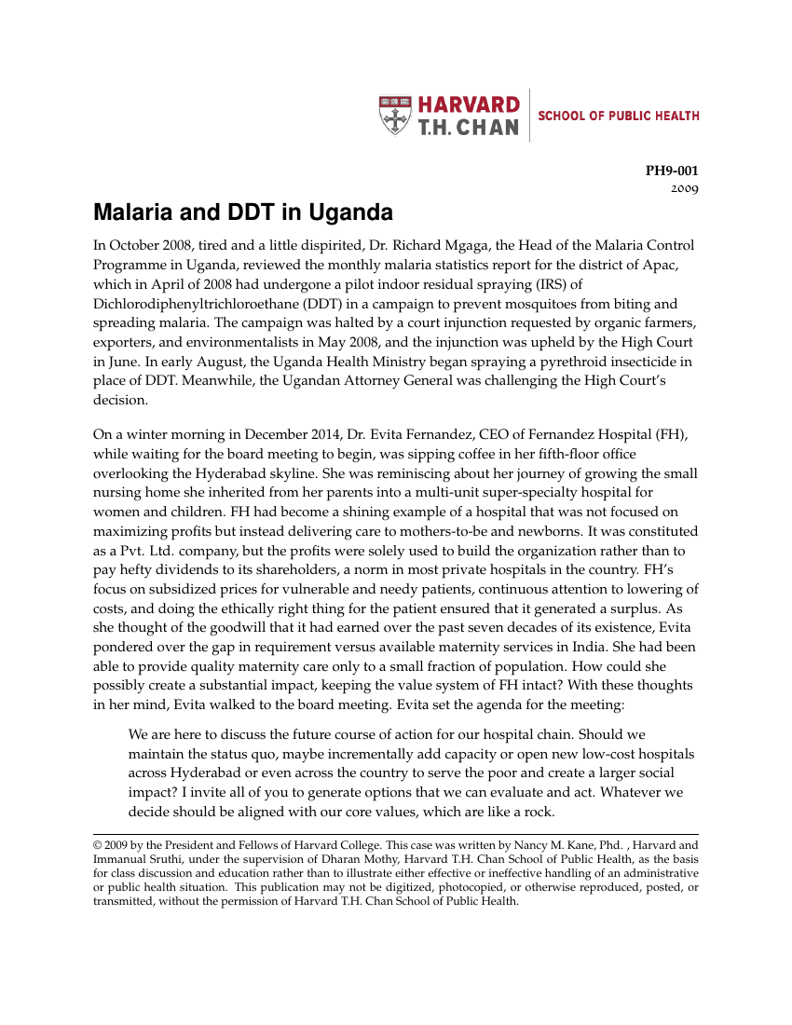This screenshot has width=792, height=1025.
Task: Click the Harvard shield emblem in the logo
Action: coord(396,116)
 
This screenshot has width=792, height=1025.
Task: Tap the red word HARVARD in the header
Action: coord(468,104)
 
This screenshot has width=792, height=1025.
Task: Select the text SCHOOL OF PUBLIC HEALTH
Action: coord(619,116)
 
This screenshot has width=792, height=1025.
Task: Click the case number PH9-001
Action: coord(672,171)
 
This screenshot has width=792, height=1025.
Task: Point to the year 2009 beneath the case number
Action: coord(685,189)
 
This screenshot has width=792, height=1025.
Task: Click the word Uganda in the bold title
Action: coord(349,213)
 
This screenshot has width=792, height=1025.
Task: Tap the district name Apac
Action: coord(664,266)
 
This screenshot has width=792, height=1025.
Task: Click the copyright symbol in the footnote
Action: coord(98,846)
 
